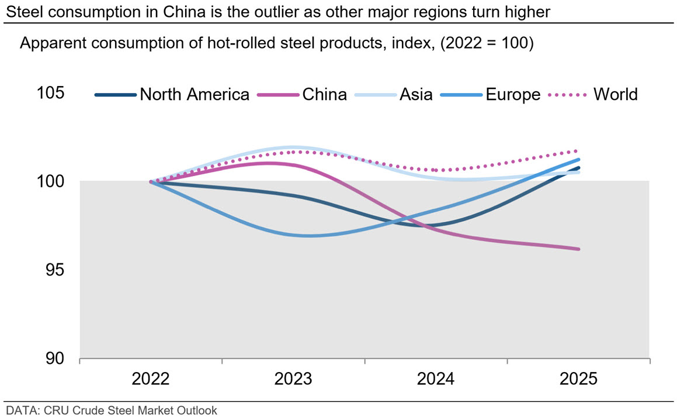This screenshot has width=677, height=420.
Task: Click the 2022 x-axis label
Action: pos(151,379)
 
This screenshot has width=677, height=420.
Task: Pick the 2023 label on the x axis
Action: pos(293,379)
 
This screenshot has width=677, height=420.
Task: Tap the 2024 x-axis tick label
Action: pos(436,379)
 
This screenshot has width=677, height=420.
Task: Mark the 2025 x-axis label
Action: pos(578,379)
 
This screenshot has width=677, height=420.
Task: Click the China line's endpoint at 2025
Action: pos(578,249)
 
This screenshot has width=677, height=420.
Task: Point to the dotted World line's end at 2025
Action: pos(577,151)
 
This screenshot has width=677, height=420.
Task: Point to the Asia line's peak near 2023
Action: pos(292,147)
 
